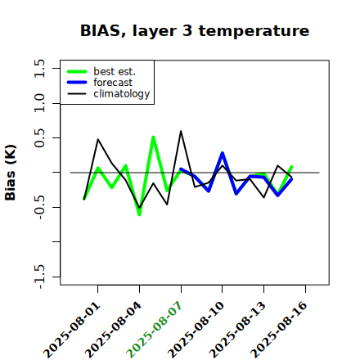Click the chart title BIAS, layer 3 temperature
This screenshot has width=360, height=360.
[x=195, y=31]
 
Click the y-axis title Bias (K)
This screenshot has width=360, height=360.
[x=11, y=173]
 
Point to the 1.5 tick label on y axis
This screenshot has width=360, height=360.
[x=39, y=68]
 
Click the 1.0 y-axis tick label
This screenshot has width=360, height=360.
[x=39, y=103]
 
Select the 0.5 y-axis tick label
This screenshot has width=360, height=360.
[x=39, y=137]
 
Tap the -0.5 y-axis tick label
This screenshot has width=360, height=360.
[x=39, y=207]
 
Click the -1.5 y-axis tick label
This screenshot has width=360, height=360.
[x=39, y=277]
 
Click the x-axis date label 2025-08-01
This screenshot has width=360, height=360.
[x=72, y=330]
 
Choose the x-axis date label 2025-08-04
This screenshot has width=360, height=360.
[x=114, y=330]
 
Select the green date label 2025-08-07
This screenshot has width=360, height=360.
[x=155, y=330]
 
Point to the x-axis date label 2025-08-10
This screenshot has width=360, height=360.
[x=196, y=330]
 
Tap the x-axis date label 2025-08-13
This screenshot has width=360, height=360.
[x=237, y=330]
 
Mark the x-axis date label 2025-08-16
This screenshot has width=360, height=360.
[x=279, y=330]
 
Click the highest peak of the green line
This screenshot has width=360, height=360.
[x=153, y=137]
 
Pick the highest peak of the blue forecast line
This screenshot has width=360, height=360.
[x=223, y=153]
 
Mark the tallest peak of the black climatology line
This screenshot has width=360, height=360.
[x=181, y=131]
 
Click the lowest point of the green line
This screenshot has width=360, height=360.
[x=139, y=214]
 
